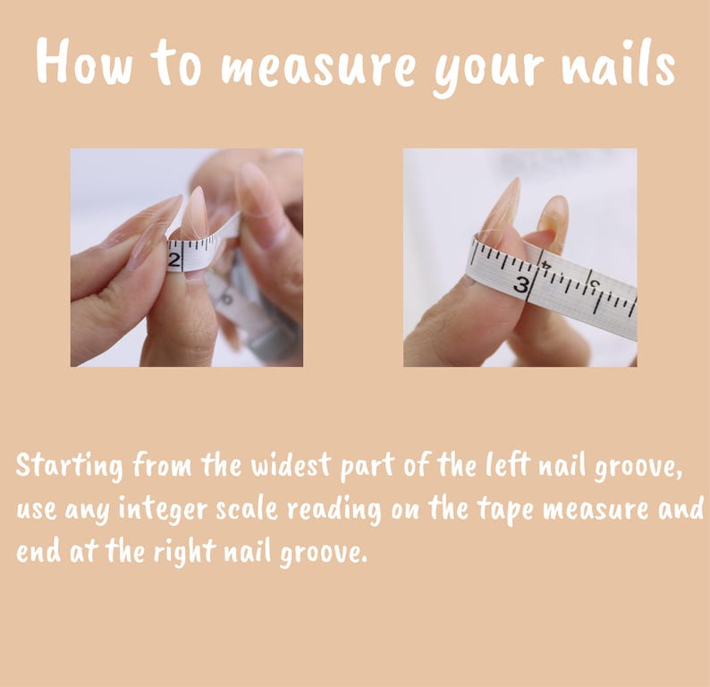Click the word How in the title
point(85,62)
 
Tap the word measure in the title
point(317,68)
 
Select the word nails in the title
point(619,63)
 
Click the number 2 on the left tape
point(174,261)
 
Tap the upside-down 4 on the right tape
point(546,265)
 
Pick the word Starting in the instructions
point(69,466)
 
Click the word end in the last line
point(38,552)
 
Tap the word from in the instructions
point(162,464)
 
